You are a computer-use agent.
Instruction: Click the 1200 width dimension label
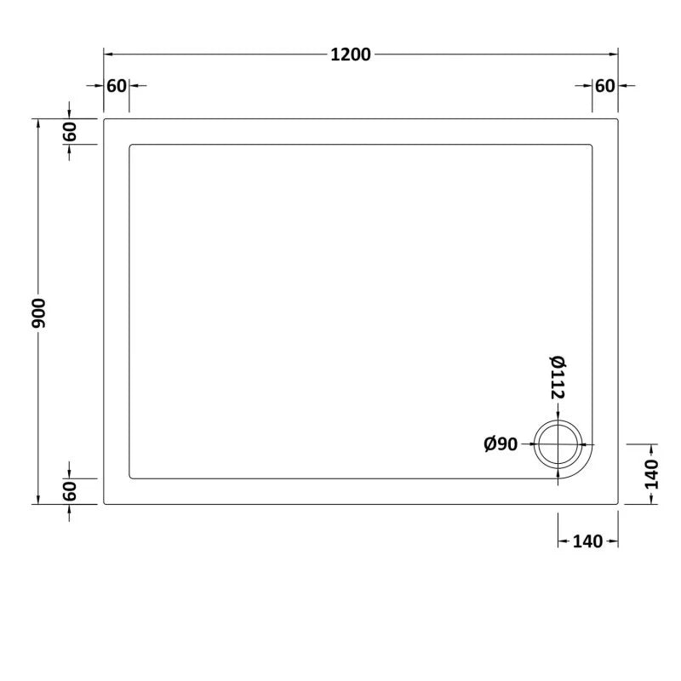[352, 54]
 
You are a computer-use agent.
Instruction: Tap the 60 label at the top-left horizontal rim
[117, 86]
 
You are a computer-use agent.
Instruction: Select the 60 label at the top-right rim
[604, 86]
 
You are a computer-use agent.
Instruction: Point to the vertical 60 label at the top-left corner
[70, 132]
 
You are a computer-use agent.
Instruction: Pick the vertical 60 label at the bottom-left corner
[70, 491]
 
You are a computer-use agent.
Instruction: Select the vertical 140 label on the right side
[651, 474]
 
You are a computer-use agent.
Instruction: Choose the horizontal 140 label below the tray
[587, 541]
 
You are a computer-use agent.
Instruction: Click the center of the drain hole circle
[558, 444]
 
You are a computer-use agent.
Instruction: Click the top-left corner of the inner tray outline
[130, 146]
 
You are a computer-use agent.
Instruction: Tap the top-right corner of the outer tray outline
[618, 119]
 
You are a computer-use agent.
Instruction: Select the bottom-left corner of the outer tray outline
[104, 504]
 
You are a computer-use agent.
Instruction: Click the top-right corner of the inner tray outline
[592, 146]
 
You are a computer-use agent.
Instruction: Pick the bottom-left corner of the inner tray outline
[130, 478]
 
